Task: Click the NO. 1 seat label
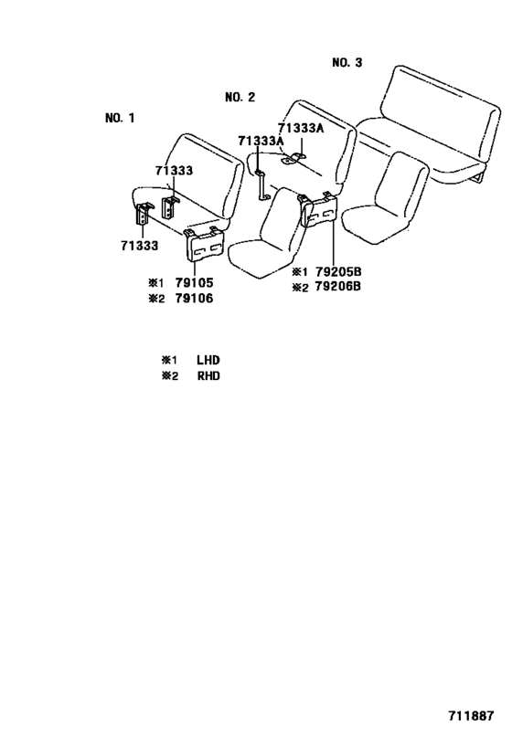click(x=120, y=118)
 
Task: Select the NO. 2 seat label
click(x=240, y=97)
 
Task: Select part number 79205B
click(x=339, y=272)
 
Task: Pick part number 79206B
click(x=339, y=287)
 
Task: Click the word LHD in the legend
click(x=208, y=361)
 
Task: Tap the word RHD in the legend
click(x=208, y=376)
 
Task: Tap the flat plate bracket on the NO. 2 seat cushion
click(x=294, y=161)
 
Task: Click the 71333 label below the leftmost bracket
click(x=139, y=245)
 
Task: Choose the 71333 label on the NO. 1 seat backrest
click(x=174, y=170)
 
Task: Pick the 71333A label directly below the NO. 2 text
click(x=261, y=141)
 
